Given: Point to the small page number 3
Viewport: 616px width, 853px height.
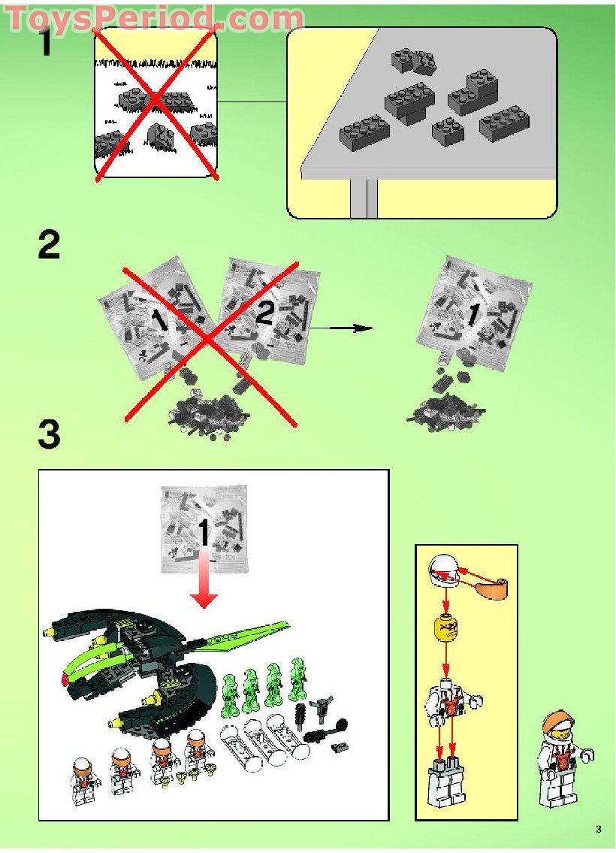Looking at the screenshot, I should click(598, 830).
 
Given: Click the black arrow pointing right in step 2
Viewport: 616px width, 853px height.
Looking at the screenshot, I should click(342, 328).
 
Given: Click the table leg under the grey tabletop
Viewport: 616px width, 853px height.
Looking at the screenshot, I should click(363, 198).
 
